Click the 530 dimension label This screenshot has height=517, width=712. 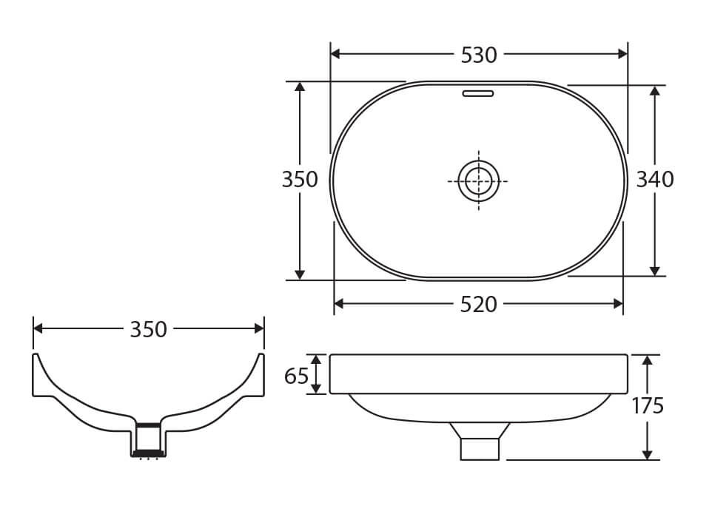tap(479, 55)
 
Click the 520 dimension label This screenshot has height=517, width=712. tap(478, 304)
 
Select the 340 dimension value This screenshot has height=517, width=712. tap(655, 180)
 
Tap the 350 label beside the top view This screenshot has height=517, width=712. tap(300, 180)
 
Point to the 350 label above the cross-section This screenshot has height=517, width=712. tap(148, 329)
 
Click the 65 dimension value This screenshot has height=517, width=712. tap(296, 376)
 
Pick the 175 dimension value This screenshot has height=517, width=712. tap(648, 406)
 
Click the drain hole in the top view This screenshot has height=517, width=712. tap(478, 180)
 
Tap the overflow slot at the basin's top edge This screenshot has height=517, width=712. tap(477, 94)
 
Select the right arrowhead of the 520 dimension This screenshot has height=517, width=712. tap(618, 303)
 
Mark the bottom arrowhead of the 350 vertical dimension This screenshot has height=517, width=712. tap(300, 274)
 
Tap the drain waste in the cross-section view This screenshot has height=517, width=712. tap(147, 439)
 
